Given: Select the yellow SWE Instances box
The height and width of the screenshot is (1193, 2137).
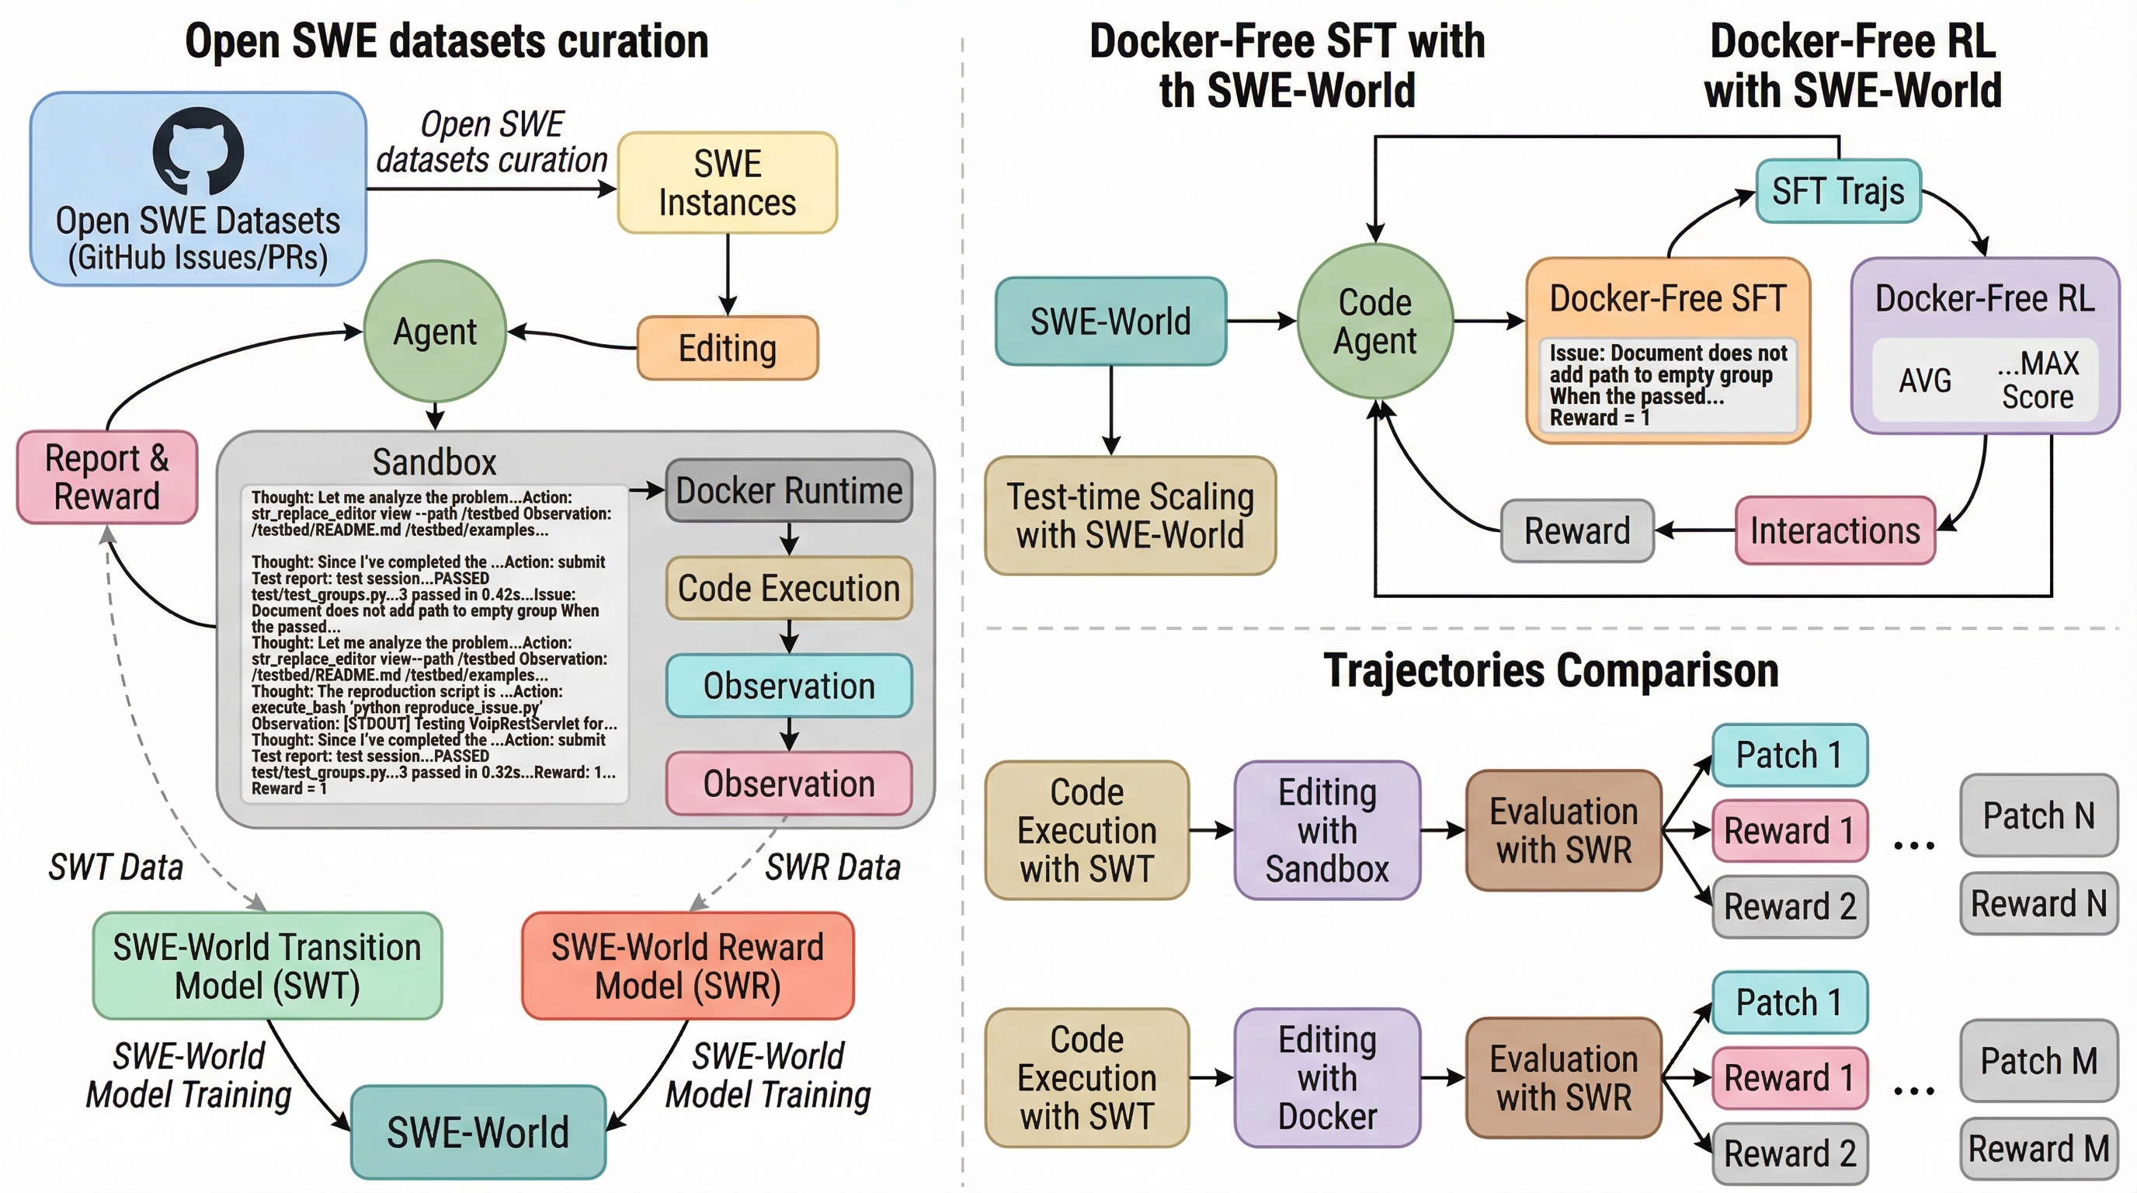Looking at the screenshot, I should pos(727,183).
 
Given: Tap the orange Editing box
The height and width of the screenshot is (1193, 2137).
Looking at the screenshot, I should pos(727,349).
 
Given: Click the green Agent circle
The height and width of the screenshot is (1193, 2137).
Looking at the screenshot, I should pos(435,332).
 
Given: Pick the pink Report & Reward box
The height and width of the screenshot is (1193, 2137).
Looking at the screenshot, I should pos(107,477).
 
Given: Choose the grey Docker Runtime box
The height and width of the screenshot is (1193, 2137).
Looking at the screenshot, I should pos(788,490).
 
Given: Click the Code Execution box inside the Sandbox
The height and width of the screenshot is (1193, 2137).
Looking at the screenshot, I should pos(788,588).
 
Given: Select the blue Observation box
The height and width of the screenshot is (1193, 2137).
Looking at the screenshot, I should pos(788,686).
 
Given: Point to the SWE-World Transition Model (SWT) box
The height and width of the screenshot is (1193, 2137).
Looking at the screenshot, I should pos(267,965).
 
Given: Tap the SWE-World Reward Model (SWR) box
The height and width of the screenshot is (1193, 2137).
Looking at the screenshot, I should pos(687,965).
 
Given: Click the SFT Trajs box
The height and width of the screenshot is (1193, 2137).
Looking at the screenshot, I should pos(1837,192).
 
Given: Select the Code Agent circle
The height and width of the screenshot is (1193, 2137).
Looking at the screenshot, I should pos(1374,322).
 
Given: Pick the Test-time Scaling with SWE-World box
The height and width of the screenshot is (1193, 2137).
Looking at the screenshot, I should pos(1130,515).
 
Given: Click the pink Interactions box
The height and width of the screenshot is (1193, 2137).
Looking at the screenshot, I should pos(1834,531).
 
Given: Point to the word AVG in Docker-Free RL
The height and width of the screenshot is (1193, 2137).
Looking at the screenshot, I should pos(1925,381).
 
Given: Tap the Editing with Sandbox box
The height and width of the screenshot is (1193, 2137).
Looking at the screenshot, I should pos(1326,830).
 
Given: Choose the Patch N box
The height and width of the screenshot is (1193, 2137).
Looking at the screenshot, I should pos(2038,816).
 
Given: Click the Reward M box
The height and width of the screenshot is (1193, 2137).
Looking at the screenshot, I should pos(2038,1149).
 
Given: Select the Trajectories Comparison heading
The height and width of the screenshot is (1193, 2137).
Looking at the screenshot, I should pos(1551,670).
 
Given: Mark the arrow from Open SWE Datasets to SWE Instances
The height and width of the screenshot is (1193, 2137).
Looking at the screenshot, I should pos(491,190).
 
